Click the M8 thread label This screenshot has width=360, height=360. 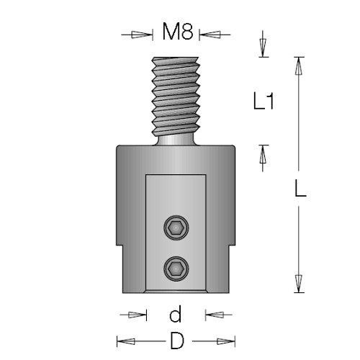[x=178, y=31]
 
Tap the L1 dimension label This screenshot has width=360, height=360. [x=264, y=101]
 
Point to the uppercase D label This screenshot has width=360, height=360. [x=177, y=341]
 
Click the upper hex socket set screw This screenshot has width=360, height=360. [x=176, y=228]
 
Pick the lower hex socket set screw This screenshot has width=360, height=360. [x=176, y=269]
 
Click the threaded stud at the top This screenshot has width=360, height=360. [x=176, y=96]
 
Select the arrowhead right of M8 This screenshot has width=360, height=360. [x=210, y=35]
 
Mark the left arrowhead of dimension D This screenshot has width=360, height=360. [x=126, y=341]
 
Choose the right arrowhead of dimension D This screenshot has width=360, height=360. [x=226, y=341]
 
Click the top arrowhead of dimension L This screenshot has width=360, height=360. [x=298, y=66]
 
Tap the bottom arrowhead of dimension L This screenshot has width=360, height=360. [x=298, y=284]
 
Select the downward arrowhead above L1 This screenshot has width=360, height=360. [x=263, y=48]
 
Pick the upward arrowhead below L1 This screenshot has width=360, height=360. [x=263, y=154]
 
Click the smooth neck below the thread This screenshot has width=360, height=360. [x=176, y=140]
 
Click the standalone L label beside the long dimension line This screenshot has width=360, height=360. [x=300, y=189]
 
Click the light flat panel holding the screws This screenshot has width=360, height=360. [x=176, y=233]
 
